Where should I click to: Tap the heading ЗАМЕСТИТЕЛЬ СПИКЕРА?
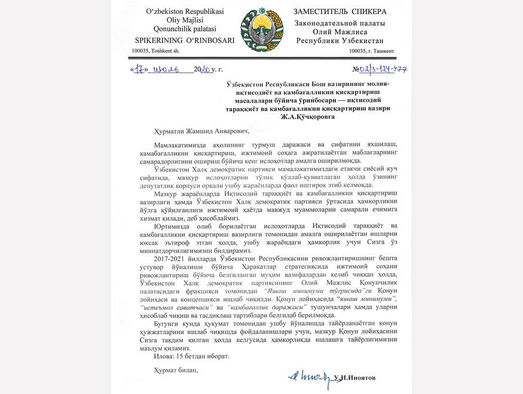coord(340,11)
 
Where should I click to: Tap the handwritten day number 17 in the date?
coord(141,69)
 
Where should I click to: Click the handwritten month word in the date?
coord(164,69)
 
